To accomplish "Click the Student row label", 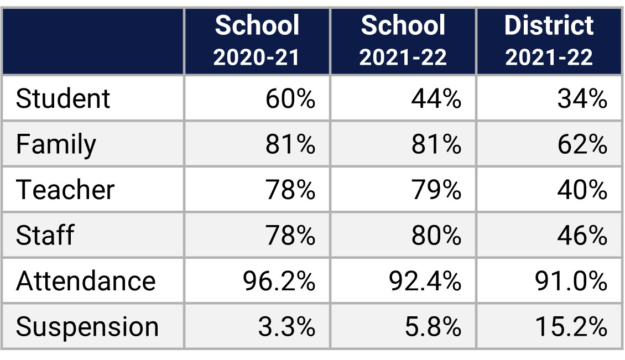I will point(63,99).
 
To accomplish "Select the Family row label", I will point(56,145).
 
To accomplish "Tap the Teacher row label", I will point(65,190).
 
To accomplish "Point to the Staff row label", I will point(45,236).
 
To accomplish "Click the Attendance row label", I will point(86,281).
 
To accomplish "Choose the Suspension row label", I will point(87,327).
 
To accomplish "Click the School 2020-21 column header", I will point(257,41).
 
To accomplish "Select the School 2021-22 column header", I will point(403,41).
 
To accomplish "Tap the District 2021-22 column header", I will point(549,41).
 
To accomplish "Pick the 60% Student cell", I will point(290,99).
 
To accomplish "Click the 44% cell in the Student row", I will point(436,99).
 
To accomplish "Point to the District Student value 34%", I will point(582,99).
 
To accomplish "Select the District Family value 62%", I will point(582,145).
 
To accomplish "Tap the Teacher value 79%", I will point(436,190).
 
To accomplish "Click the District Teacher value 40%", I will point(582,190).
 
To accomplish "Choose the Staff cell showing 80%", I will point(436,236).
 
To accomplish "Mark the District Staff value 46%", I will point(582,236).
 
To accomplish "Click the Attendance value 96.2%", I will point(279,281).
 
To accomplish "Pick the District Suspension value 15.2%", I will point(571,327).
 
